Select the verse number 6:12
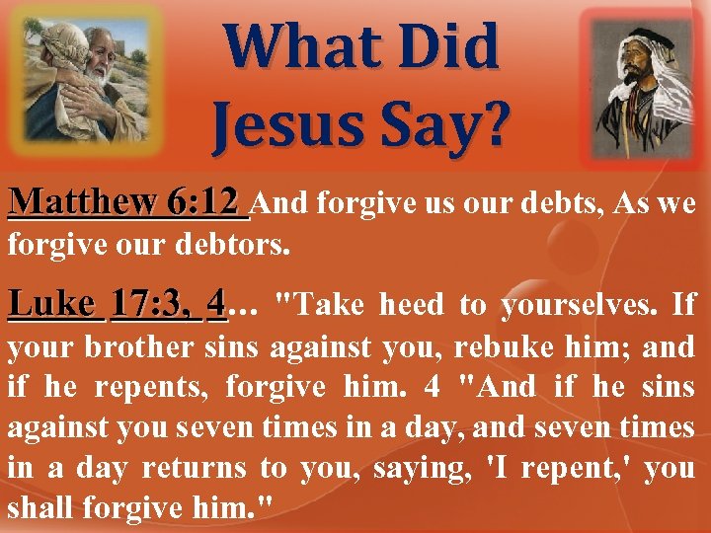click(x=204, y=203)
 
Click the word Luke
click(x=53, y=304)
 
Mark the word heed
click(x=414, y=305)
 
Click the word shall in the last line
click(x=39, y=509)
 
